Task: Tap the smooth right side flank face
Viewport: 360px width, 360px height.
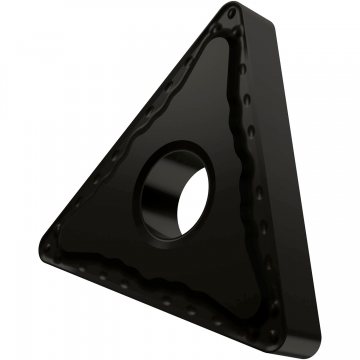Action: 290,180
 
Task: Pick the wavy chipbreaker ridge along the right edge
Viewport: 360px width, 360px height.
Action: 244,170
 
